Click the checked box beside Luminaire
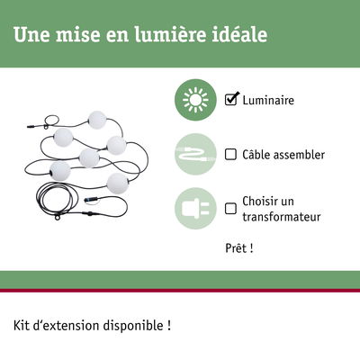[x=230, y=100]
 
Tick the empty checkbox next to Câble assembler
[x=230, y=155]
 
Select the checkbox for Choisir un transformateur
[x=230, y=209]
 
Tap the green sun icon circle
[x=195, y=100]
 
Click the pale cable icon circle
[x=195, y=154]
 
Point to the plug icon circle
[x=195, y=209]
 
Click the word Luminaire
[x=268, y=100]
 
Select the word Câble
[x=256, y=155]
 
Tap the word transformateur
[x=282, y=217]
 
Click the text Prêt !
[x=239, y=248]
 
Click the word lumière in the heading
[x=170, y=34]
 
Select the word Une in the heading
[x=31, y=35]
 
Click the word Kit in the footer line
[x=21, y=326]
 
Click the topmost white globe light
[x=97, y=120]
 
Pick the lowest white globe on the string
[x=118, y=184]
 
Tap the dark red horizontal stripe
[x=180, y=291]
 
